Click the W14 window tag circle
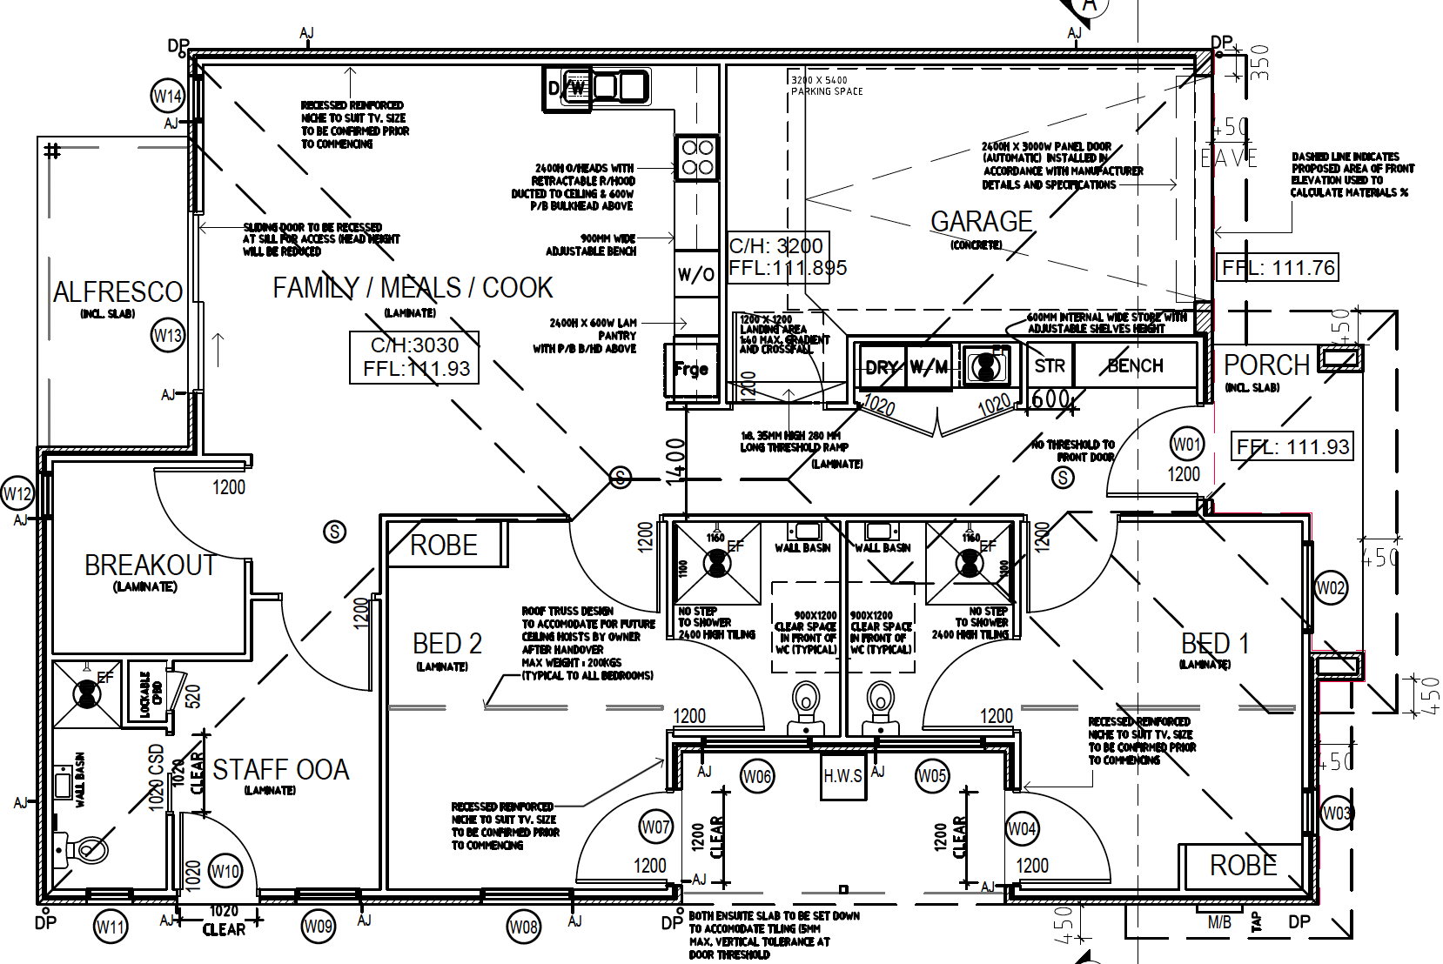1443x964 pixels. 167,96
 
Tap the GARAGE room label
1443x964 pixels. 981,222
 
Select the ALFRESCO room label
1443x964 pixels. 117,292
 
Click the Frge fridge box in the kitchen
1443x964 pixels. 691,370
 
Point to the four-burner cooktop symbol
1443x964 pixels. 697,157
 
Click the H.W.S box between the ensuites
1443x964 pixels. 842,775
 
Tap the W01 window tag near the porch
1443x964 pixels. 1186,445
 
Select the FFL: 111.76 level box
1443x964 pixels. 1278,268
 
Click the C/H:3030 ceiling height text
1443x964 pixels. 414,345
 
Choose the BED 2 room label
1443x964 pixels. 446,644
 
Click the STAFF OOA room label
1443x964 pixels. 280,770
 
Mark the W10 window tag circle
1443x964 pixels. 225,871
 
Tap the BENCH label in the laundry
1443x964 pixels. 1135,366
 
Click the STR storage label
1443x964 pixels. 1050,366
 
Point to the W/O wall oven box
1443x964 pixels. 695,275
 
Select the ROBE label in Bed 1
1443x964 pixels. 1243,866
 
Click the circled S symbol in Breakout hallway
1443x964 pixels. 334,532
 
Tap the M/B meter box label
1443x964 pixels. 1219,923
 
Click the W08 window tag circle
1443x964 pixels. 523,927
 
